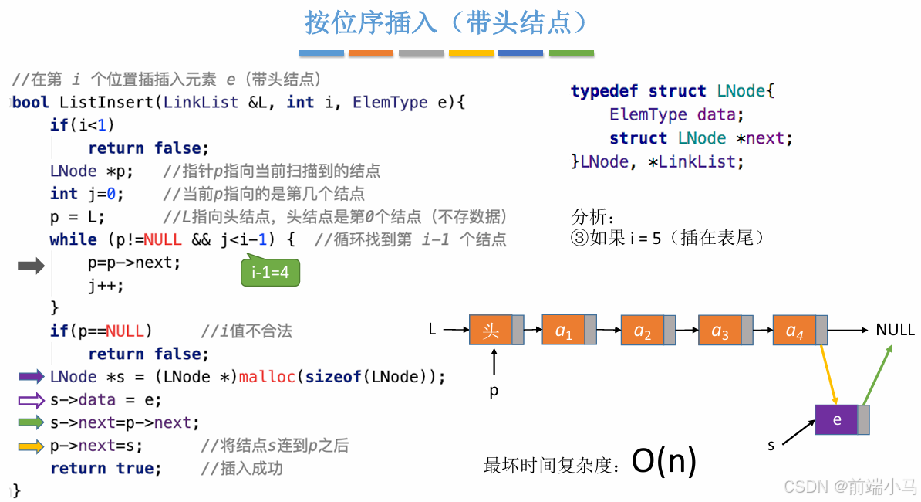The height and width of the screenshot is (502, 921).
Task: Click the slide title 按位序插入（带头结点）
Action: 447,22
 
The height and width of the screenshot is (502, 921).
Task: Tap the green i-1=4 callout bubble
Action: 269,272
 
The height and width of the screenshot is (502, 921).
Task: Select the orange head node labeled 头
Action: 491,331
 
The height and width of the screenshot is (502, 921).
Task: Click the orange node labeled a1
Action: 564,331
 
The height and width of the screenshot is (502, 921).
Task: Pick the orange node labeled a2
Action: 643,331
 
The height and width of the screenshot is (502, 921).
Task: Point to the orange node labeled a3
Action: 720,331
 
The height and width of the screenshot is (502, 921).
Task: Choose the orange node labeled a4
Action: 794,331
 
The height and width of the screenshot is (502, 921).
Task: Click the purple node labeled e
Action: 837,419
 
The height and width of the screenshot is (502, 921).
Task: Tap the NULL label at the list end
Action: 895,330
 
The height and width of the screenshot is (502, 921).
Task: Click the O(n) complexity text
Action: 664,461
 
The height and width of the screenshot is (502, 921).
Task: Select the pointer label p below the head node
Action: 494,391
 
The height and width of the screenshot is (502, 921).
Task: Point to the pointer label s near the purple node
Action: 771,446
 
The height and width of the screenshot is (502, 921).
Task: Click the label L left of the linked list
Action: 433,330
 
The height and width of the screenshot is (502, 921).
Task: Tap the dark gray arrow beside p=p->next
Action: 32,266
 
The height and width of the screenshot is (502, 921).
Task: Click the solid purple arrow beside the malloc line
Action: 32,377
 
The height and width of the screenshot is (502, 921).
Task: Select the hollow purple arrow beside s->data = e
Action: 32,400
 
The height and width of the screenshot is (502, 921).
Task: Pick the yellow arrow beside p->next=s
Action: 32,446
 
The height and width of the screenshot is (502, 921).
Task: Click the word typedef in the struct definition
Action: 604,91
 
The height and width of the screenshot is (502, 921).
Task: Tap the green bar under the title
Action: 571,53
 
